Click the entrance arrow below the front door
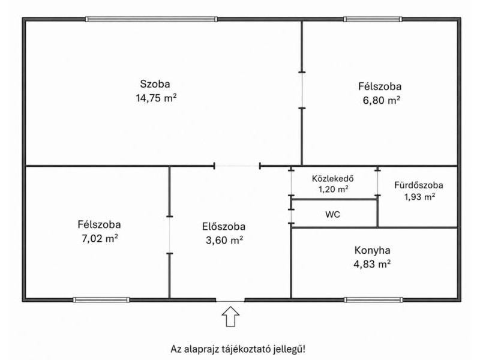click(x=230, y=317)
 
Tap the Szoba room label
click(x=155, y=84)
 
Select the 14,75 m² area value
click(x=156, y=98)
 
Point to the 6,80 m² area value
click(x=382, y=100)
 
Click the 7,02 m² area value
click(x=100, y=238)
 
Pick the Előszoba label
click(x=224, y=227)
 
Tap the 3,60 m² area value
click(x=224, y=241)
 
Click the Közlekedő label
click(x=333, y=178)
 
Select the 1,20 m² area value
click(x=334, y=189)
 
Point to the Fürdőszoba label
click(x=418, y=185)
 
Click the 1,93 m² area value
click(x=419, y=197)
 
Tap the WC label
click(x=332, y=214)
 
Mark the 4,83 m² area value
click(x=372, y=263)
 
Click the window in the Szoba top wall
click(x=151, y=19)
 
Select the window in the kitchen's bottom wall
click(x=373, y=299)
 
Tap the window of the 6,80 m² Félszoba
click(x=373, y=19)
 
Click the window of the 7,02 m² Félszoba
click(x=101, y=299)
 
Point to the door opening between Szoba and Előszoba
click(x=237, y=166)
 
